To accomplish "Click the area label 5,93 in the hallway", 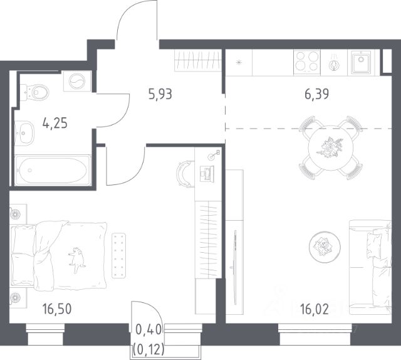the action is click(160, 94).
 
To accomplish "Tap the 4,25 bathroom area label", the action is click(55, 123).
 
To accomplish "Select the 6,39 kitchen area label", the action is click(316, 94).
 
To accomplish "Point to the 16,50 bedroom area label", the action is click(57, 309).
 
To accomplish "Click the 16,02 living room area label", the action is click(315, 309).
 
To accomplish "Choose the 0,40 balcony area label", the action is click(149, 330).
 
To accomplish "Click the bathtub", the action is click(53, 170).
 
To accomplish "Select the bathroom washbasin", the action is click(24, 133).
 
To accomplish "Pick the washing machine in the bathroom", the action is click(77, 81).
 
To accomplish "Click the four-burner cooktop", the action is click(307, 63).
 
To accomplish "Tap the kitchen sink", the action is click(361, 62).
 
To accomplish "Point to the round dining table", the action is click(331, 148).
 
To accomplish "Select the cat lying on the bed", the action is click(76, 260).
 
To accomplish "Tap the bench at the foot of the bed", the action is click(119, 255).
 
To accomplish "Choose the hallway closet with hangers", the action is click(198, 60).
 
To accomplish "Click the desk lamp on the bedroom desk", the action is click(214, 155).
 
